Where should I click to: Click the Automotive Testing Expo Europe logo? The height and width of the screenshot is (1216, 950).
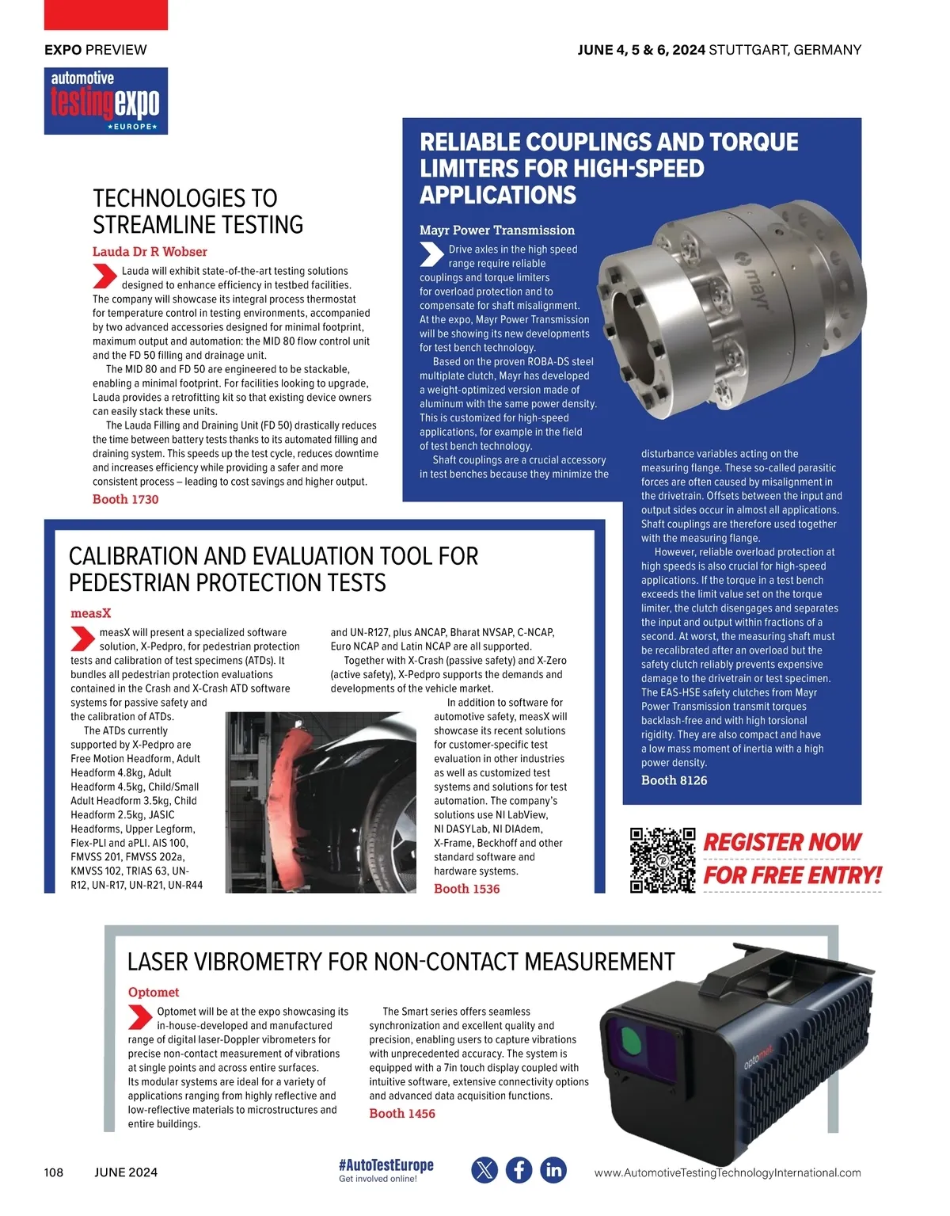(x=105, y=101)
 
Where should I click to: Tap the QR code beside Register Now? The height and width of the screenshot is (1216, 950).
(x=662, y=860)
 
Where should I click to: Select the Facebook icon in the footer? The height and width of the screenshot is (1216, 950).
(x=519, y=1170)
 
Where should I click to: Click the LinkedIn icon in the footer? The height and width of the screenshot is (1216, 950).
(x=553, y=1170)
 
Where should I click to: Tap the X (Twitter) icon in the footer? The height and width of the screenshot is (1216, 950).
(x=484, y=1170)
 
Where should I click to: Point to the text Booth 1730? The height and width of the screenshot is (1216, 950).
(x=125, y=499)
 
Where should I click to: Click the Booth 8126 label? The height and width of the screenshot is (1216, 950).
(x=674, y=780)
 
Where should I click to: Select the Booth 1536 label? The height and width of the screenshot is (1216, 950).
(x=466, y=889)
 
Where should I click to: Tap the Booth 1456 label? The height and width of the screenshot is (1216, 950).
(x=401, y=1113)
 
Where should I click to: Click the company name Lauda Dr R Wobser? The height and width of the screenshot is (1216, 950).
(x=150, y=252)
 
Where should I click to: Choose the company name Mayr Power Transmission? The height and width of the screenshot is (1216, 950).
(x=496, y=231)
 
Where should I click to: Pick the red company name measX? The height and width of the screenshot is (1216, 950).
(x=90, y=613)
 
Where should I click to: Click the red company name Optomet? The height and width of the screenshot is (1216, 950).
(x=153, y=992)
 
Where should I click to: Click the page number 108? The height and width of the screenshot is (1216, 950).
(x=54, y=1172)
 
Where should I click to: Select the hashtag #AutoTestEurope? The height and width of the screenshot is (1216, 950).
(x=386, y=1165)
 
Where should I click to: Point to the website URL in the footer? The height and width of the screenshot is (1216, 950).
(x=727, y=1172)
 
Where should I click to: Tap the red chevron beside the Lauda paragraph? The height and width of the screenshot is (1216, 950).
(x=104, y=276)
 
